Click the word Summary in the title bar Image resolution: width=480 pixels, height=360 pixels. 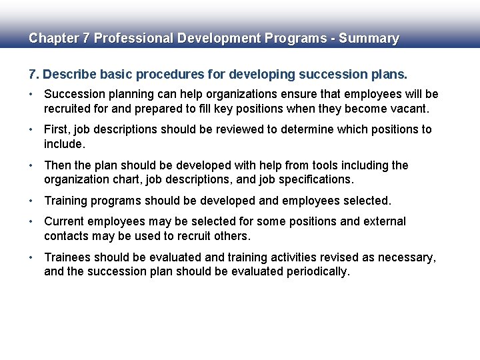(369, 39)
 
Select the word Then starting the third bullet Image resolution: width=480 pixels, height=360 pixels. (58, 165)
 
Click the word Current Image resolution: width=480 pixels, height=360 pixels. (65, 221)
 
